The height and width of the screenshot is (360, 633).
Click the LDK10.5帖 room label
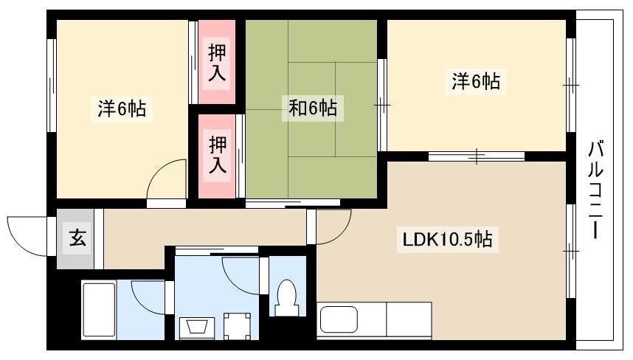[448, 240]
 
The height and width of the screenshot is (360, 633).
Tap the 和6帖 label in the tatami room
[313, 108]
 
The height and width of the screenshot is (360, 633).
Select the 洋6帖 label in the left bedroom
[122, 108]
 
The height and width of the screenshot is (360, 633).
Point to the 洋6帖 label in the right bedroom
[476, 81]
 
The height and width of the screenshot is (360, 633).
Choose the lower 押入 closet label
[217, 155]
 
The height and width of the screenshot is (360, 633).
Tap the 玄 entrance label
[77, 238]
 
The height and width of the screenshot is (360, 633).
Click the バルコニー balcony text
[595, 190]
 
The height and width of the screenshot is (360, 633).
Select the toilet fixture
[286, 298]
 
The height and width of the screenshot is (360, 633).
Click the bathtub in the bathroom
[99, 311]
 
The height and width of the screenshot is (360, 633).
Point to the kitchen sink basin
[339, 321]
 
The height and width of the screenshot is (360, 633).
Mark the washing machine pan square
[237, 326]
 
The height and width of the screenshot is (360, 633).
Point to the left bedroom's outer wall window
[51, 85]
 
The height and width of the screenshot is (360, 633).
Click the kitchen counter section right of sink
[409, 319]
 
